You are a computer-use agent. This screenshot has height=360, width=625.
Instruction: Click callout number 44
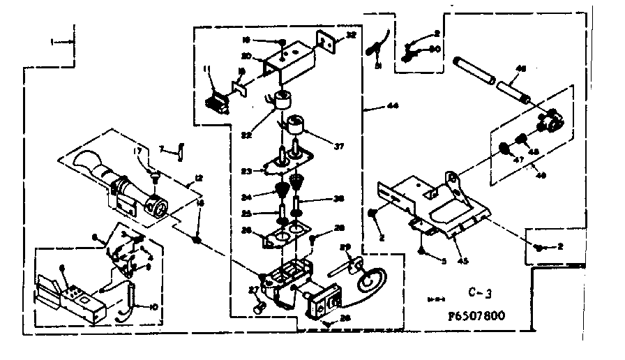(393, 107)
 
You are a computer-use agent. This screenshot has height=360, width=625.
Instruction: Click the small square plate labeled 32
(326, 41)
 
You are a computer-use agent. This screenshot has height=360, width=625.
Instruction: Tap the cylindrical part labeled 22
(283, 103)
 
